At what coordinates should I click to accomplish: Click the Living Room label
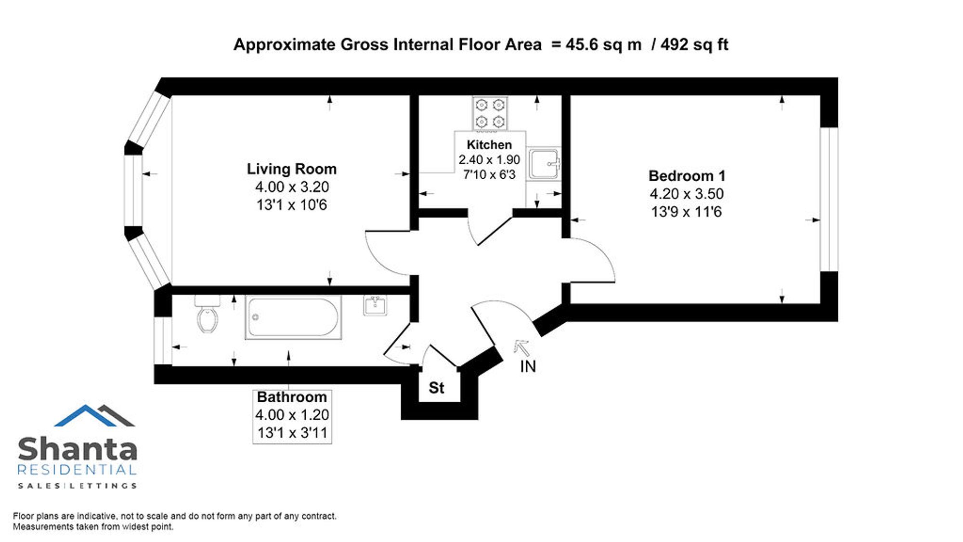coord(292,169)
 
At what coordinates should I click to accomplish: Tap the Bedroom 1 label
coord(687,176)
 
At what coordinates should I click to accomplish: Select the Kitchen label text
coord(489,145)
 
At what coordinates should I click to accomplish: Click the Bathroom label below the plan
coord(292,397)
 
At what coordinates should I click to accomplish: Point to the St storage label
coord(436,388)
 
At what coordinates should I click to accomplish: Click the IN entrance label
coord(528,367)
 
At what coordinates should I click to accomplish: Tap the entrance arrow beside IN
coord(521,347)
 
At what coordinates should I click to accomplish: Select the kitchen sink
coord(544,164)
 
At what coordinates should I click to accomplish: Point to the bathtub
coord(293,317)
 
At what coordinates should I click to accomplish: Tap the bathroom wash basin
coord(375,305)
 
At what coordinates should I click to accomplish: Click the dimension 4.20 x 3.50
coord(687,194)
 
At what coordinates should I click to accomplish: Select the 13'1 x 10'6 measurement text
coord(292,205)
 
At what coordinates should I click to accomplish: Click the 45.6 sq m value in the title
coord(604,44)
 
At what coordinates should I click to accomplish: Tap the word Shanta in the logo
coord(78,449)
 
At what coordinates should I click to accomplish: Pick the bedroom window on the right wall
coord(829,199)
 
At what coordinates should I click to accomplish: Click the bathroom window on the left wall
coord(163,341)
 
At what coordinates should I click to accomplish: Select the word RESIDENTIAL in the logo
coord(77,470)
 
